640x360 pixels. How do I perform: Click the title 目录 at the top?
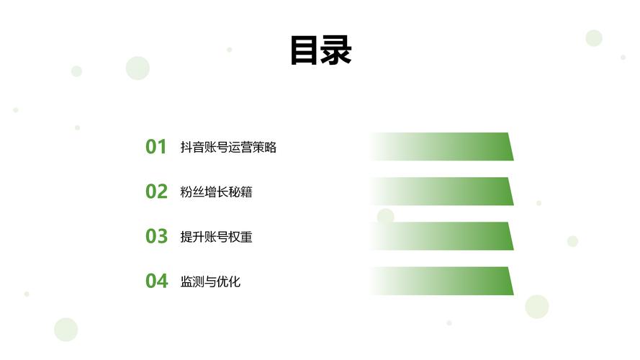[x=321, y=50]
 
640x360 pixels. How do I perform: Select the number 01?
[x=156, y=147]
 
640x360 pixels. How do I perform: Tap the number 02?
[x=156, y=192]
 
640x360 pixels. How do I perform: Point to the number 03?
[x=156, y=236]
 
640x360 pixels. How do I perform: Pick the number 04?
[x=157, y=281]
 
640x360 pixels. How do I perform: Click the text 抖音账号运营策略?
[x=229, y=148]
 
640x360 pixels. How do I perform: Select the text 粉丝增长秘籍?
[x=216, y=192]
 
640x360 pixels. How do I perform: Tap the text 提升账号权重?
[x=216, y=237]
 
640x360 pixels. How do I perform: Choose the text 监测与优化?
[x=210, y=282]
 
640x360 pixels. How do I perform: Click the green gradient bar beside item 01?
[x=443, y=147]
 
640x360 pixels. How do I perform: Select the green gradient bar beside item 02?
[x=443, y=192]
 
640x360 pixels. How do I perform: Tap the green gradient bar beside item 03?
[x=443, y=236]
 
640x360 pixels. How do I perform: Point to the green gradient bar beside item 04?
[x=443, y=281]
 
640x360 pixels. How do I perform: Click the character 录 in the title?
[x=336, y=50]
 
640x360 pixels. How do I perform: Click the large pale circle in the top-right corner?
[x=594, y=38]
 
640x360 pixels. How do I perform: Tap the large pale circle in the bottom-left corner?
[x=66, y=329]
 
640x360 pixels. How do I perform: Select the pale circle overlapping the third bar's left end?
[x=385, y=216]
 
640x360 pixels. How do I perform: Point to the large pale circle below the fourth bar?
[x=537, y=307]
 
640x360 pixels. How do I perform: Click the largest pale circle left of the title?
[x=138, y=68]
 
